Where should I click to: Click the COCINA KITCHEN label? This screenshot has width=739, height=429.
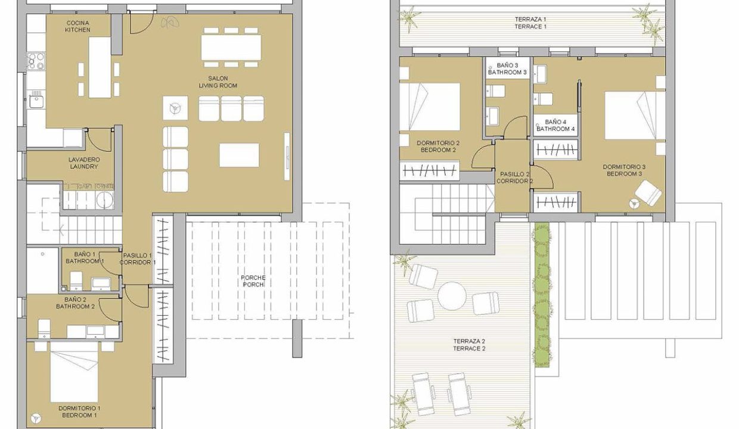[x=77, y=26]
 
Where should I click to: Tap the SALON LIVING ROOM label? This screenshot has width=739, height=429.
[x=218, y=82]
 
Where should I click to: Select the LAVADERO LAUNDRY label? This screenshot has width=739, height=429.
[x=84, y=163]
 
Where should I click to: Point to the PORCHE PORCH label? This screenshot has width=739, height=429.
[x=253, y=281]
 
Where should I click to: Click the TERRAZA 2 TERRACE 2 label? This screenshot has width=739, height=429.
[x=469, y=345]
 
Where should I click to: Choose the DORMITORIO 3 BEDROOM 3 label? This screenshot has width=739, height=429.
[x=624, y=170]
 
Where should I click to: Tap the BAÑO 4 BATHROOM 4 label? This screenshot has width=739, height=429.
[x=555, y=126]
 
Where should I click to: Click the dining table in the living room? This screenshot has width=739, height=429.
[x=231, y=47]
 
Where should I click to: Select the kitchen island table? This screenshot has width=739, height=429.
[x=100, y=67]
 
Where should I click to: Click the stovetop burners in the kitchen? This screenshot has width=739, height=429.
[x=36, y=61]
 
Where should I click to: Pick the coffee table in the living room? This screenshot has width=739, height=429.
[x=239, y=155]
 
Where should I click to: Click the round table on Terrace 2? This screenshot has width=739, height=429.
[x=452, y=296]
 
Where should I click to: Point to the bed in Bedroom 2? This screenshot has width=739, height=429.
[x=430, y=107]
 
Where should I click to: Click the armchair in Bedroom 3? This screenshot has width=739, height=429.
[x=648, y=194]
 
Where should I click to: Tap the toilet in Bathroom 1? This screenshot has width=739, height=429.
[x=76, y=281]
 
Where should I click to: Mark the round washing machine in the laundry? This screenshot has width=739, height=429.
[x=105, y=199]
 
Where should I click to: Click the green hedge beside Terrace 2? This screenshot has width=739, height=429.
[x=542, y=294]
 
